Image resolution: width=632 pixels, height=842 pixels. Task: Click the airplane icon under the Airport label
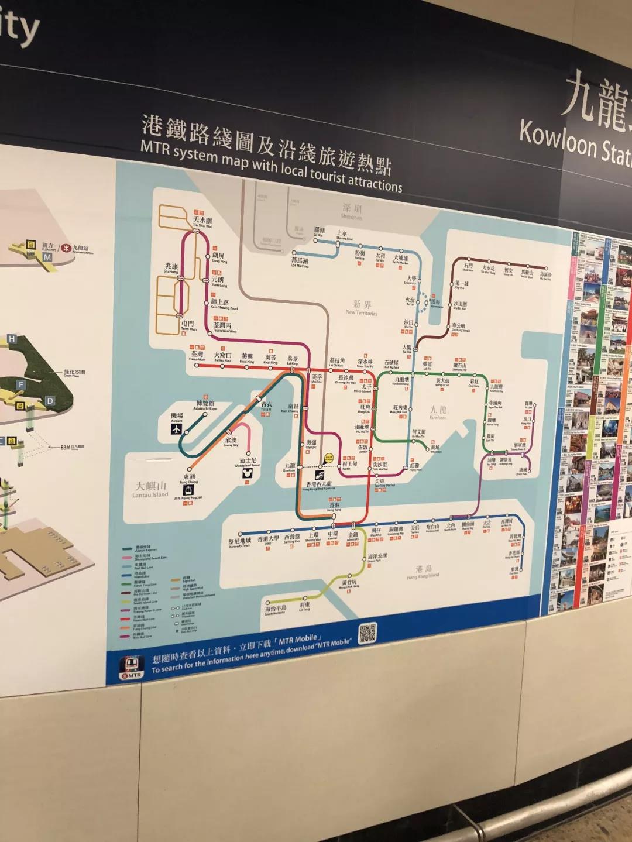pos(176,429)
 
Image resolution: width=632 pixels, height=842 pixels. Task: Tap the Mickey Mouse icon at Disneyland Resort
pos(247,473)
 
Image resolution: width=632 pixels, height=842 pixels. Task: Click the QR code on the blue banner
pos(367,633)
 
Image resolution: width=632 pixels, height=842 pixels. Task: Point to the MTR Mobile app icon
pos(131,666)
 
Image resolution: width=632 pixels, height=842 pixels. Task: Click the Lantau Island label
pos(150,490)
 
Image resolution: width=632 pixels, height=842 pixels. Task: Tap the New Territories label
pos(362,307)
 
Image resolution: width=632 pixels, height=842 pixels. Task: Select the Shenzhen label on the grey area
pos(352,212)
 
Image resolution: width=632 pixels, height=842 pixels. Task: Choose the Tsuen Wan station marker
pos(197,365)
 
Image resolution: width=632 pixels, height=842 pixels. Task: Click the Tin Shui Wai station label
pos(202,222)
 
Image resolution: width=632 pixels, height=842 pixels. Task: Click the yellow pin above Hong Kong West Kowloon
pos(328,459)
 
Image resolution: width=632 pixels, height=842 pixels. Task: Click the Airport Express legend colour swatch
pos(126,549)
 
